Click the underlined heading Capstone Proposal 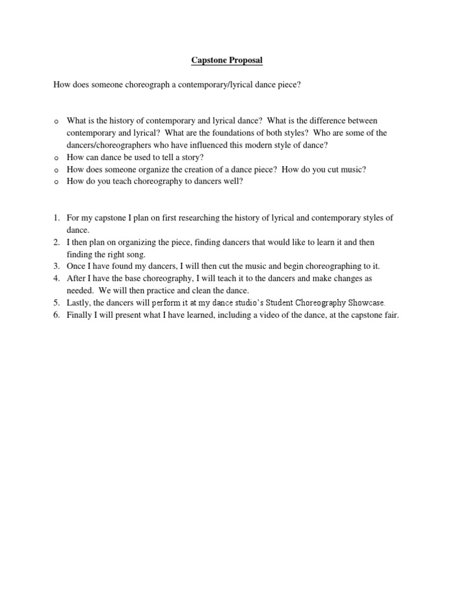coord(227,60)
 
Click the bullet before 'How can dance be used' coord(56,158)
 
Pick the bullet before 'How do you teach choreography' coord(56,182)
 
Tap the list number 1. coord(57,218)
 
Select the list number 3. coord(57,266)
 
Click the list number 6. coord(57,315)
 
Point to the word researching coord(192,218)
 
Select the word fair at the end coord(391,315)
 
